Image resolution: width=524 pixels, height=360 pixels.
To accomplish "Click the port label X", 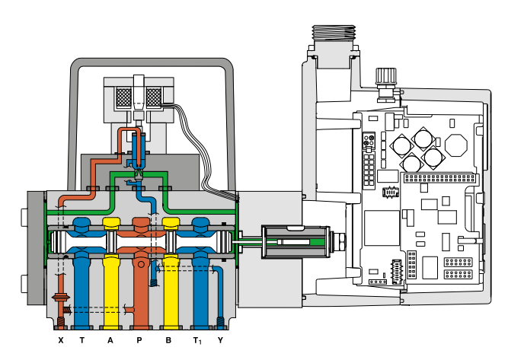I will (x=61, y=339).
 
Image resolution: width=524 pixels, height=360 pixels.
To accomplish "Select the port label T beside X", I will (x=81, y=339).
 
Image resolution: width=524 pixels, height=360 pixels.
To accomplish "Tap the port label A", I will (x=110, y=339).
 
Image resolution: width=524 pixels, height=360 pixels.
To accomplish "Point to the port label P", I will (x=139, y=339).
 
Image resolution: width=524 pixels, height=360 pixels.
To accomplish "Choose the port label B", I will (x=168, y=339).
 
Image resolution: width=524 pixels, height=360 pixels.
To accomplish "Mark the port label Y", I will (x=220, y=339).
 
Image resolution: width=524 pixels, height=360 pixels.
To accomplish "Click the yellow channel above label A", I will (x=111, y=282).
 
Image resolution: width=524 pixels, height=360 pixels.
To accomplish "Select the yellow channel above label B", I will (x=169, y=282).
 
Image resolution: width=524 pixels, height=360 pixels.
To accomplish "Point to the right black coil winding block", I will (x=155, y=97).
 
